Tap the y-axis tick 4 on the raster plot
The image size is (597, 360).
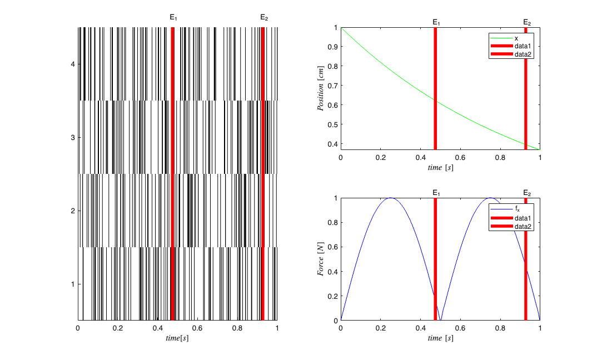[73, 64]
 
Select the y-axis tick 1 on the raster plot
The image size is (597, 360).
[73, 284]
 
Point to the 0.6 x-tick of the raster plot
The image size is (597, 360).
[197, 328]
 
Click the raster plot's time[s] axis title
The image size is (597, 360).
[177, 337]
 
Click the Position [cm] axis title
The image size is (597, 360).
[321, 88]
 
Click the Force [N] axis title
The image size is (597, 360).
[321, 259]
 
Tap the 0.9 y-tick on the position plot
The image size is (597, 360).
[333, 47]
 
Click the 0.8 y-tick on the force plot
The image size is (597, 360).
[333, 222]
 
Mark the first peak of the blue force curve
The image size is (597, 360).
[390, 198]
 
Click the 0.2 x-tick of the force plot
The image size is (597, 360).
[380, 328]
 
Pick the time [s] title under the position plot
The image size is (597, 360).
[440, 167]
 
